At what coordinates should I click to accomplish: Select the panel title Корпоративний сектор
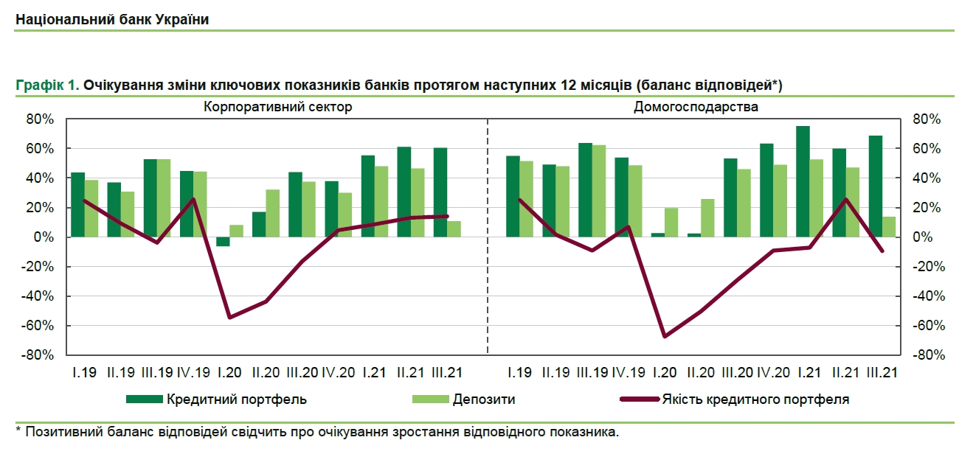click(278, 107)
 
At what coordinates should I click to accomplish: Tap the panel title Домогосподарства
click(696, 107)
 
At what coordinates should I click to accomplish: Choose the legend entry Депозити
click(484, 399)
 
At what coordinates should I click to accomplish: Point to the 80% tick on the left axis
click(41, 119)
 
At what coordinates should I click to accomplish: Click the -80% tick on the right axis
click(927, 355)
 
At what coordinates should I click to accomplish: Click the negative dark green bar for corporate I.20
click(223, 242)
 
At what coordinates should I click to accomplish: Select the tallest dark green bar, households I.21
click(803, 181)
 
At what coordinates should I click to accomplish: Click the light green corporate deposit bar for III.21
click(454, 229)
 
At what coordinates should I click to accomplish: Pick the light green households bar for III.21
click(889, 227)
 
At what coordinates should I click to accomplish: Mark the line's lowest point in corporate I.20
click(229, 318)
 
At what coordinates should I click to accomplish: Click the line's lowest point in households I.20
click(665, 336)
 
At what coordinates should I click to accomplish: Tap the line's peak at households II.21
click(846, 199)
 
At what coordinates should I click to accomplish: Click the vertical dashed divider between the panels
click(488, 236)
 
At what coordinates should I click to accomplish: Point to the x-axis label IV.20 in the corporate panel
click(338, 373)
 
